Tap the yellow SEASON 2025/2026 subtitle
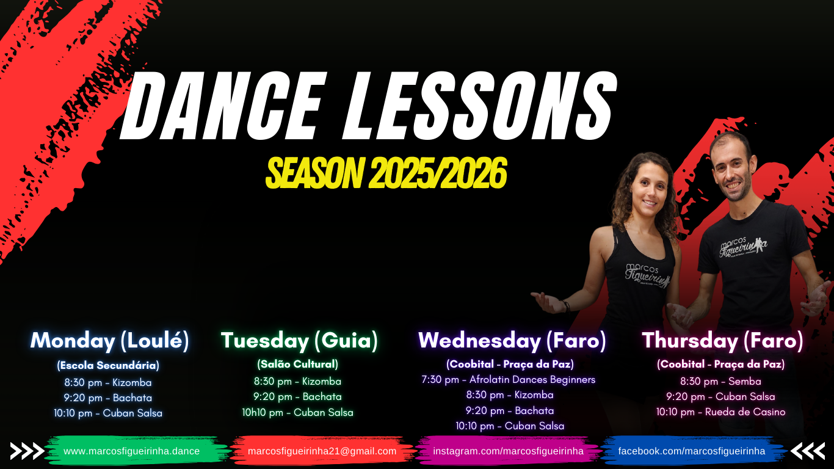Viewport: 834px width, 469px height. (386, 173)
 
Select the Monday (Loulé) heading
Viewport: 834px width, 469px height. (109, 341)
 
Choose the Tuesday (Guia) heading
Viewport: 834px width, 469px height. (299, 341)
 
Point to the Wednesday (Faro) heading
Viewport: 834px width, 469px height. (512, 341)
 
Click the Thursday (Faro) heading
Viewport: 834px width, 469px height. (722, 341)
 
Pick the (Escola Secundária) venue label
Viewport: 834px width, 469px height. (108, 365)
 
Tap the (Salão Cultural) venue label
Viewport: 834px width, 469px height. (297, 364)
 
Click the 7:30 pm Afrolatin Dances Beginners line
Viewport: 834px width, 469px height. (508, 380)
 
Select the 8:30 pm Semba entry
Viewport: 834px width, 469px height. (720, 382)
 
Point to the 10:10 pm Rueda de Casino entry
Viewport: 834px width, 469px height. (720, 412)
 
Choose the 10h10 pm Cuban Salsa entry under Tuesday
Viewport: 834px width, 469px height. (297, 412)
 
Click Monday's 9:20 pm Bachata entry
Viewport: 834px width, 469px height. (107, 398)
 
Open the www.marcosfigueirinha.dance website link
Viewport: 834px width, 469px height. (131, 451)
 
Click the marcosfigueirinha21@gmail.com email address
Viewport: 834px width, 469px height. (322, 451)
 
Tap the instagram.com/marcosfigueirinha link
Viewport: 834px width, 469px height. (508, 451)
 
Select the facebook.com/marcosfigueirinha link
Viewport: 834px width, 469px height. (692, 451)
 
